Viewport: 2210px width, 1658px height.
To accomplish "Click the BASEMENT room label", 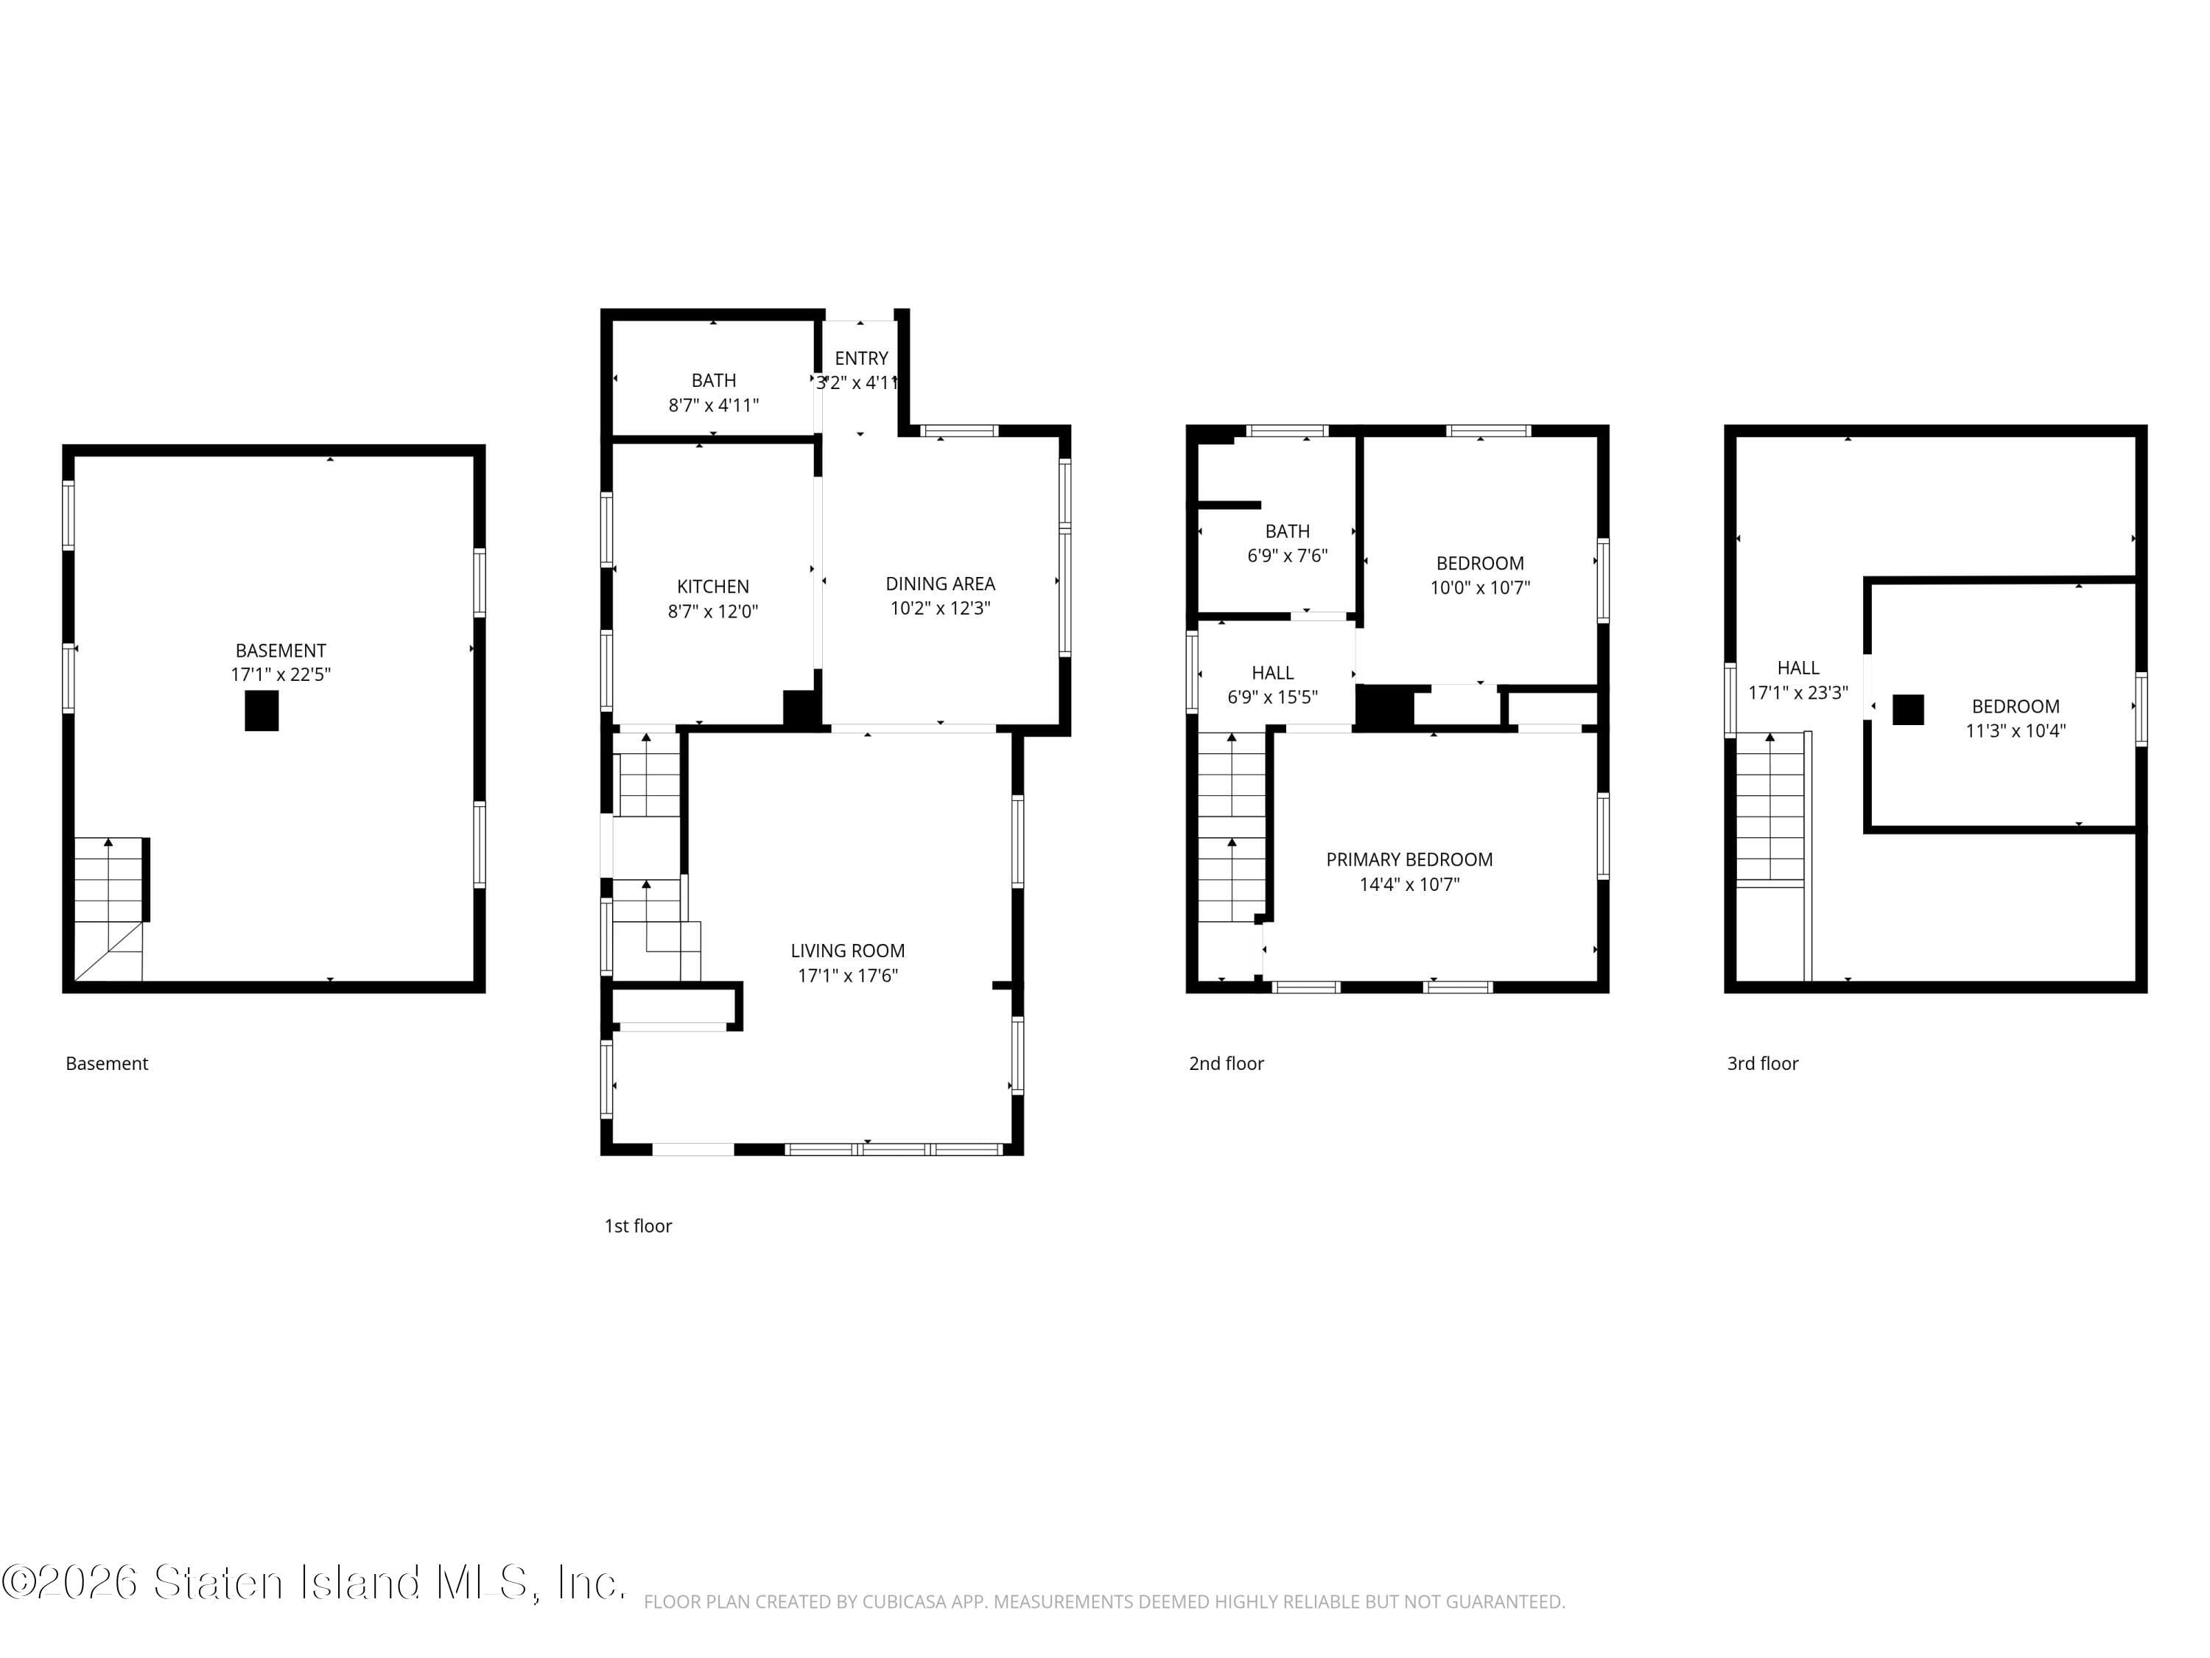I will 281,651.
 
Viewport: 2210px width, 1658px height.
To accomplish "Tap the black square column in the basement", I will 262,710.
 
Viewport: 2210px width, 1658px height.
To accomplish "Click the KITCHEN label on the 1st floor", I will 712,587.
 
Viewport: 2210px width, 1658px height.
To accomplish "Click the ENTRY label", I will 861,358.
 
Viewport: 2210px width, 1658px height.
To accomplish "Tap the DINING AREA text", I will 940,584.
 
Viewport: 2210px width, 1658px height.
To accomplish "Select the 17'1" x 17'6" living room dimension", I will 847,976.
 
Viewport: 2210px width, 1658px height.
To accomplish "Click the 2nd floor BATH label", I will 1287,532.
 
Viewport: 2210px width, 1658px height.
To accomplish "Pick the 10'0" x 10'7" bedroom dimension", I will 1480,587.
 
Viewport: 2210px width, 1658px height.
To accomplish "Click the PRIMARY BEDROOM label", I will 1409,859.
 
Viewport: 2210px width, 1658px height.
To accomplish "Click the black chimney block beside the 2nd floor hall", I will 1383,707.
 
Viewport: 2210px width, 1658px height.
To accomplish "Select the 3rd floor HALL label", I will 1797,668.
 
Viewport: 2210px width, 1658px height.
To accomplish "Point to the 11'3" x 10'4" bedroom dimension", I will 2016,730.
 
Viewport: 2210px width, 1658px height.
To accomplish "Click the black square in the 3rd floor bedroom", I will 1907,710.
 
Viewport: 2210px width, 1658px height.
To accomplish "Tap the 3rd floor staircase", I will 1769,810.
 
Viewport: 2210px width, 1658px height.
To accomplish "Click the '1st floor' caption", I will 637,1226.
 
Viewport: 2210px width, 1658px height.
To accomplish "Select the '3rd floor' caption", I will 1762,1063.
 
